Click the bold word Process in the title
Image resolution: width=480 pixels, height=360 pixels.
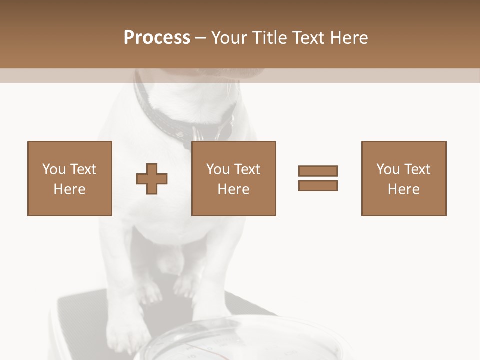pyautogui.click(x=157, y=38)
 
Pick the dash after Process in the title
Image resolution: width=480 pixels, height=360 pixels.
pyautogui.click(x=201, y=38)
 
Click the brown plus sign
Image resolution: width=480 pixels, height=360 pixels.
pyautogui.click(x=152, y=178)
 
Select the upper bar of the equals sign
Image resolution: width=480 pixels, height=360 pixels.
pyautogui.click(x=318, y=171)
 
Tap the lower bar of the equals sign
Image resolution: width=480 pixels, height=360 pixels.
pyautogui.click(x=318, y=186)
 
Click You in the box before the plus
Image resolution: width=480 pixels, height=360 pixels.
pyautogui.click(x=53, y=169)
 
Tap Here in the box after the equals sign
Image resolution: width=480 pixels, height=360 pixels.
pyautogui.click(x=404, y=189)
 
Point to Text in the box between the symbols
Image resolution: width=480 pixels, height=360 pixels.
pyautogui.click(x=247, y=169)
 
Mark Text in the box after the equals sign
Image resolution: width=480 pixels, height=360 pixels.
pyautogui.click(x=417, y=169)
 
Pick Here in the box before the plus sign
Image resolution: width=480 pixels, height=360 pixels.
pyautogui.click(x=70, y=189)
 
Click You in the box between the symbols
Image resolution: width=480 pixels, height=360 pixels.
pyautogui.click(x=217, y=169)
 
